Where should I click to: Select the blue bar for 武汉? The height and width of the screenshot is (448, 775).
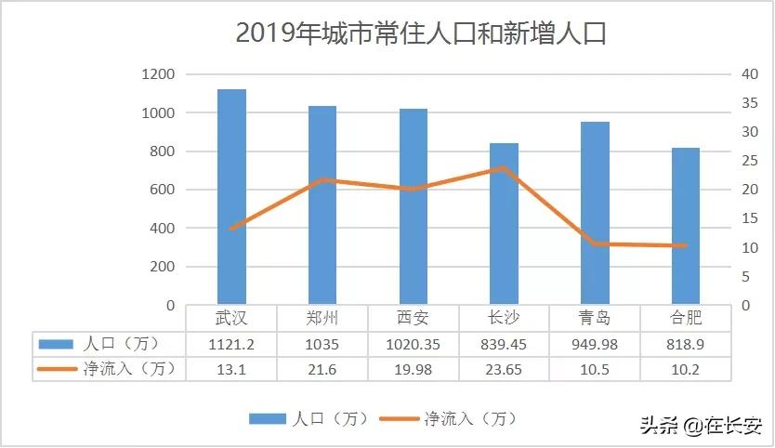pyautogui.click(x=231, y=196)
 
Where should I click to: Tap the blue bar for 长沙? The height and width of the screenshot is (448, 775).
pyautogui.click(x=505, y=223)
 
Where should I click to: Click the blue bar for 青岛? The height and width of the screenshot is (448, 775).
pyautogui.click(x=596, y=213)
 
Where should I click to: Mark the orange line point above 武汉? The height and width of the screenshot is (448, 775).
pyautogui.click(x=231, y=229)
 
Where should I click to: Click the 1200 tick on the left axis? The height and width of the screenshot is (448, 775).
pyautogui.click(x=157, y=74)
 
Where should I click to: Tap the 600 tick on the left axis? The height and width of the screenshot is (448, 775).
pyautogui.click(x=161, y=190)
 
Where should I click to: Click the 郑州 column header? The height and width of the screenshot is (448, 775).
pyautogui.click(x=322, y=318)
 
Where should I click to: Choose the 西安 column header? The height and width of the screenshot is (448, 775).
pyautogui.click(x=414, y=318)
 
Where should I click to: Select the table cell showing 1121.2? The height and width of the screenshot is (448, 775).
pyautogui.click(x=231, y=344)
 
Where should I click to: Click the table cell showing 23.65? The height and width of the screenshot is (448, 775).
pyautogui.click(x=505, y=369)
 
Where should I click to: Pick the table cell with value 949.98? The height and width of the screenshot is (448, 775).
pyautogui.click(x=596, y=344)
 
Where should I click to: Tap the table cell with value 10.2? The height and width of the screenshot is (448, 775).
pyautogui.click(x=686, y=369)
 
